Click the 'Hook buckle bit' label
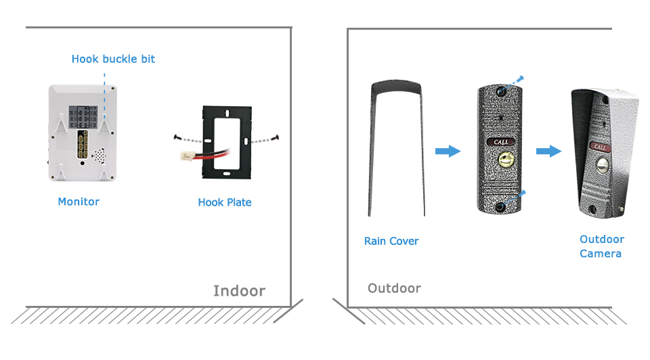pos(113,59)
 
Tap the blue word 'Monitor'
pos(79,202)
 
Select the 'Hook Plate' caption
pos(225,202)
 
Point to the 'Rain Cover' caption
pos(391,241)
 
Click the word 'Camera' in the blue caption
pos(600,254)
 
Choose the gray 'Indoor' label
pos(239,291)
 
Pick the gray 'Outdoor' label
pos(394,288)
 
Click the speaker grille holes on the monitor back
pos(100,155)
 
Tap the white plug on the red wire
pos(183,156)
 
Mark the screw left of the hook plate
pos(177,137)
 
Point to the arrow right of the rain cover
pos(447,150)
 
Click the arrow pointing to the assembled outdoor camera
pos(548,150)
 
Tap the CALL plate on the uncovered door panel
pos(501,142)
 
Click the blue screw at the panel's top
pos(519,79)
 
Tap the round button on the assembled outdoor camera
pos(599,166)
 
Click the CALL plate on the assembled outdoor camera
pos(600,146)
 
